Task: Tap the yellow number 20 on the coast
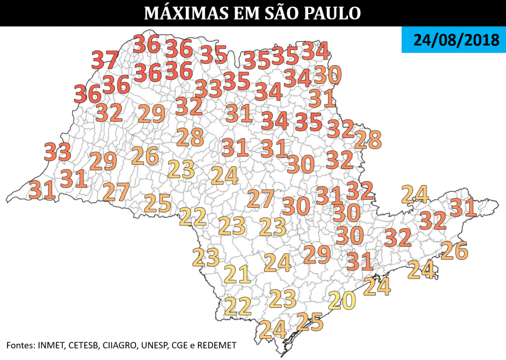[x=342, y=301]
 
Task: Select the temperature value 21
[x=237, y=274]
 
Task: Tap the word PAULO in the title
[x=332, y=13]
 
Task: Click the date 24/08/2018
[x=453, y=40]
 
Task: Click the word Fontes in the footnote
[x=20, y=345]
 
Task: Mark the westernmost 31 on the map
[x=41, y=190]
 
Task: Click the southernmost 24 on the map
[x=272, y=330]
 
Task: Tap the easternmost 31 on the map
[x=463, y=207]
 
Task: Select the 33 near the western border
[x=58, y=152]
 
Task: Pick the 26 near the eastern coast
[x=454, y=250]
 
